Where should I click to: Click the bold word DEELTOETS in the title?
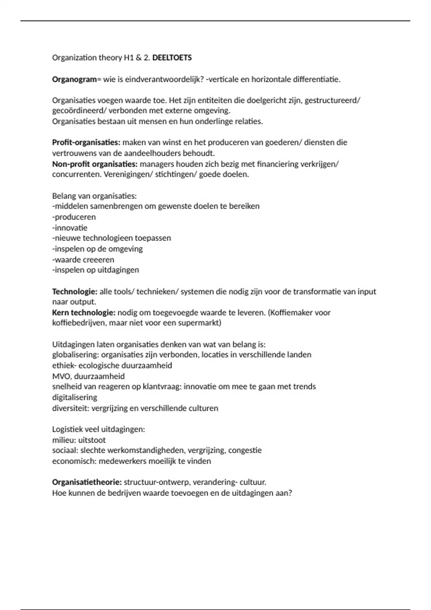(x=172, y=58)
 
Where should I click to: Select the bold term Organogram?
(x=74, y=79)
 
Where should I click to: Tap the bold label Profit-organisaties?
(x=86, y=142)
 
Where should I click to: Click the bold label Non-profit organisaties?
(x=95, y=164)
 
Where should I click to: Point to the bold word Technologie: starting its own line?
(x=75, y=291)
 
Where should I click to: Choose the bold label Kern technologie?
(x=84, y=313)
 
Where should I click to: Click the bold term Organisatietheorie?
(x=87, y=482)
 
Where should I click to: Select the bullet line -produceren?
(x=74, y=217)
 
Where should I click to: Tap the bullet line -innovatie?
(x=70, y=228)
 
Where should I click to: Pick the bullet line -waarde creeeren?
(x=83, y=259)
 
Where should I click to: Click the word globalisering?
(x=75, y=355)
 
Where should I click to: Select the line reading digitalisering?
(x=75, y=397)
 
